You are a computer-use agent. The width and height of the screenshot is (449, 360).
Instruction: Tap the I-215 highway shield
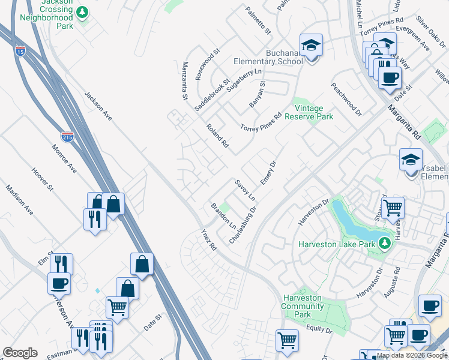point(67,137)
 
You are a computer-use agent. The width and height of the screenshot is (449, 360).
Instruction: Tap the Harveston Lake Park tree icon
point(384,244)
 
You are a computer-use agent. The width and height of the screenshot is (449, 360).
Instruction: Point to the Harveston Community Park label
point(304,306)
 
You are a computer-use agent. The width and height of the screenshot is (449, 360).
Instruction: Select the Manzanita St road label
point(185,80)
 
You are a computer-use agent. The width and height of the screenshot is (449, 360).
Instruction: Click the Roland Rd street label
point(217,136)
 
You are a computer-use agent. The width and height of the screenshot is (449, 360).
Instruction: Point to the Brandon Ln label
point(223,216)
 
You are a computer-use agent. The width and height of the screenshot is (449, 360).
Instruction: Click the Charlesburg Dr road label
point(243,225)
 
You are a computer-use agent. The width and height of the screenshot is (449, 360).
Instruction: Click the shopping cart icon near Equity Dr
point(287,340)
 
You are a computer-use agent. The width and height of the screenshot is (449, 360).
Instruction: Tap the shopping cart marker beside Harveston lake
point(393,208)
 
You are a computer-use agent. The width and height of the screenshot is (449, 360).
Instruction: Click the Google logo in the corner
point(20,353)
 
